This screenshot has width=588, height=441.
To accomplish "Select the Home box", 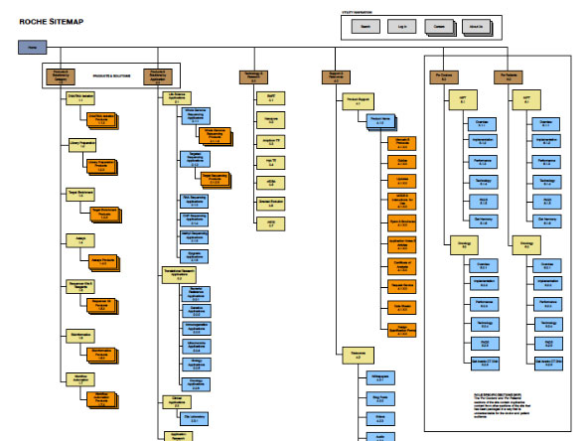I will click(x=33, y=48).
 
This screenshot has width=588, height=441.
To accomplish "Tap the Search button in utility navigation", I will click(x=365, y=27).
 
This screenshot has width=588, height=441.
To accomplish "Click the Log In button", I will click(x=400, y=27).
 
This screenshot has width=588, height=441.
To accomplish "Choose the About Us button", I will click(x=475, y=27).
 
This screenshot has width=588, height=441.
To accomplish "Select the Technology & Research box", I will click(x=254, y=75).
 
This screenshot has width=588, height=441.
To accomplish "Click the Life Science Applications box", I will click(x=175, y=99).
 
